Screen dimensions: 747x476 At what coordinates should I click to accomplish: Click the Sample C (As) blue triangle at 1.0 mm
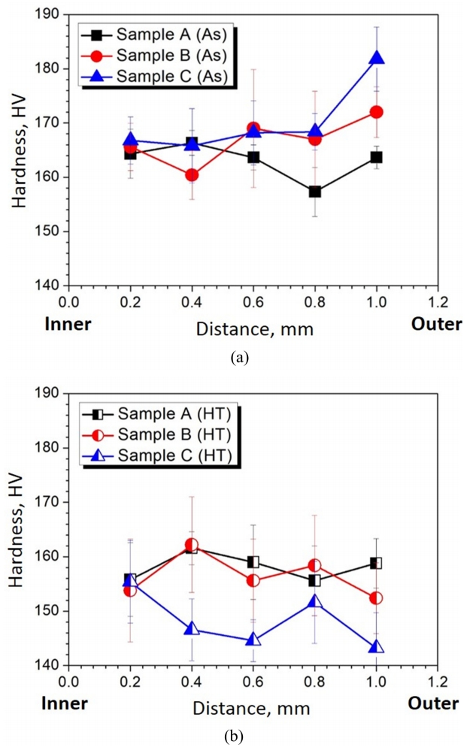click(377, 58)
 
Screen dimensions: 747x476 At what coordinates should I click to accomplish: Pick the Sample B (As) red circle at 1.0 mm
click(377, 112)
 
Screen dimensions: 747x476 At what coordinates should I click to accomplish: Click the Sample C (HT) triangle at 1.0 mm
click(377, 646)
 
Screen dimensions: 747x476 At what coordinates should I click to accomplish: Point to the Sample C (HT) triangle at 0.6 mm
click(253, 640)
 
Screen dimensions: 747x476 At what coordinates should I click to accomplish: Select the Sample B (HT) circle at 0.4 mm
click(192, 545)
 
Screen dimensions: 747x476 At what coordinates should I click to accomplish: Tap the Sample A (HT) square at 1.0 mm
click(377, 563)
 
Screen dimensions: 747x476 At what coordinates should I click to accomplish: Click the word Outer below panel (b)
click(434, 704)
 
